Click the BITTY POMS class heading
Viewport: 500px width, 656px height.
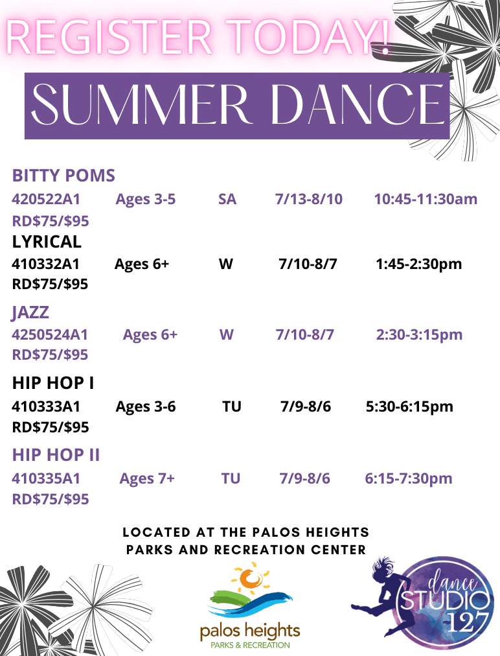63,176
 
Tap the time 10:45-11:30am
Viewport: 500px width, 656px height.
425,199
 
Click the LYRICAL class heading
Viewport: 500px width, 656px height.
47,242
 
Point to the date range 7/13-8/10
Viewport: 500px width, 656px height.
308,199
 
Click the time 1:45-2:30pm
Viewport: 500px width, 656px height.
418,264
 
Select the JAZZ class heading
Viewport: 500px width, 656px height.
30,312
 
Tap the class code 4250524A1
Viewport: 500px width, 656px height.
50,335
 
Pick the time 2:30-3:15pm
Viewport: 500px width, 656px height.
419,335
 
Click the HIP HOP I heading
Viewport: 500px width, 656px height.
53,384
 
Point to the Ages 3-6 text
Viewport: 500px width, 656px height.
145,407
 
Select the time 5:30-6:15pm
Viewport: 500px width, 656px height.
409,407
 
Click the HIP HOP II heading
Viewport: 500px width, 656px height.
56,455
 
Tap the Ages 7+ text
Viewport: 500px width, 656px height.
146,479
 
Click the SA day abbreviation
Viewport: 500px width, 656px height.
227,199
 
